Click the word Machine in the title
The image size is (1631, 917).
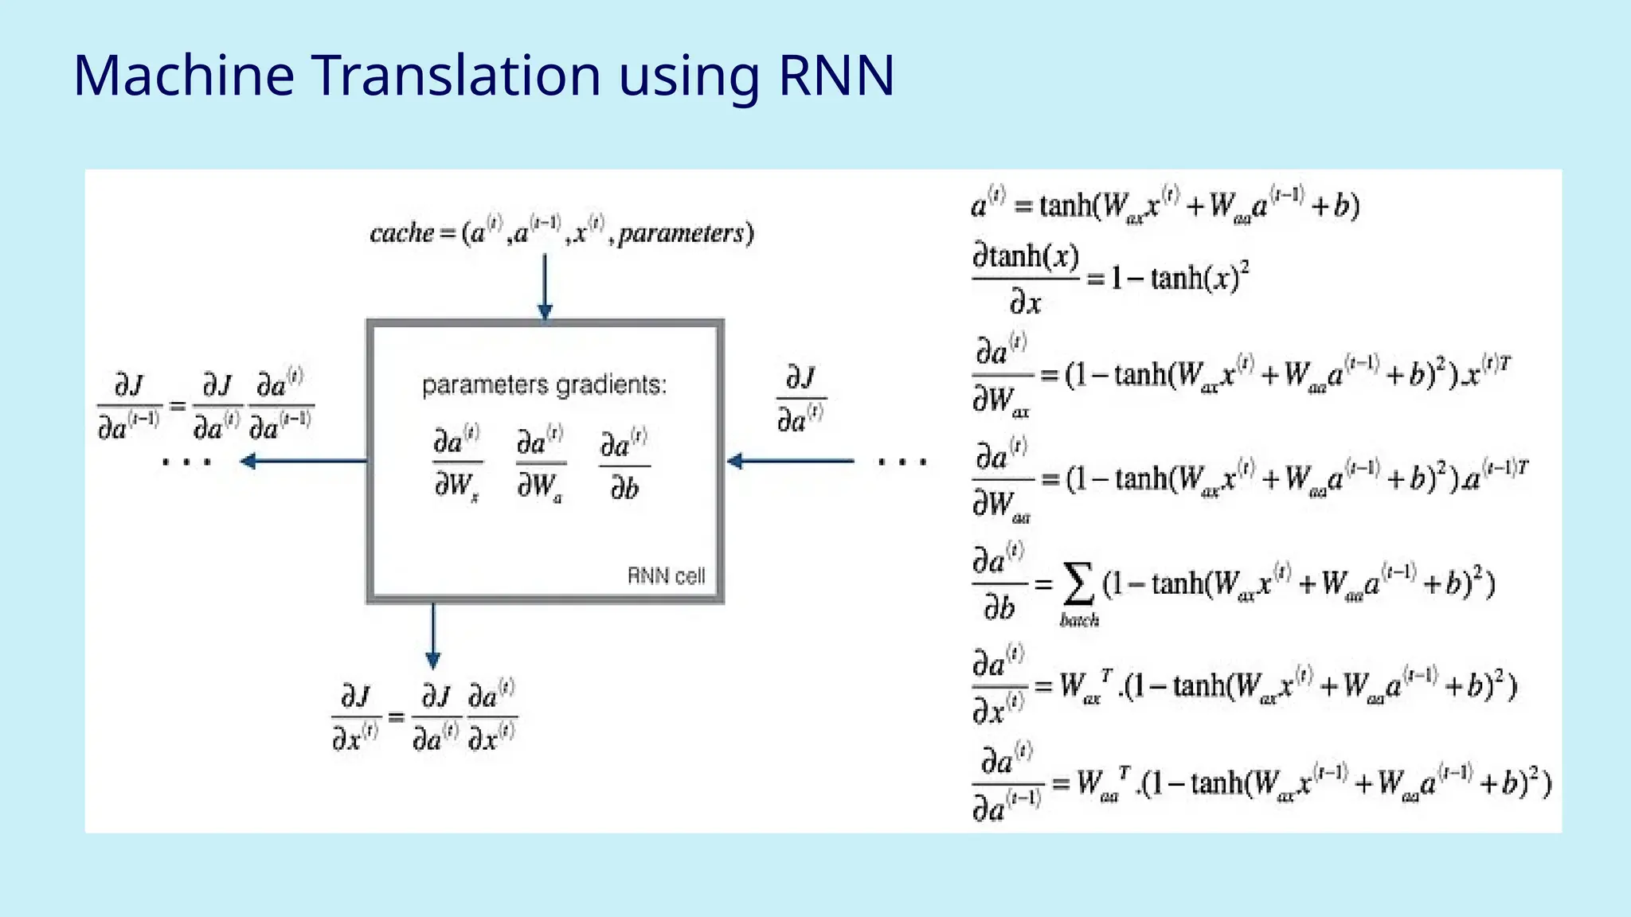184,76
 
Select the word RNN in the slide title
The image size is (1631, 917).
835,76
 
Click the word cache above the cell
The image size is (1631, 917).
401,233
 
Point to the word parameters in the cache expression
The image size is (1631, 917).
681,233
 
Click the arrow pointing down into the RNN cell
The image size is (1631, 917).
545,287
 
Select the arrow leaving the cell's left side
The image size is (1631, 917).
303,461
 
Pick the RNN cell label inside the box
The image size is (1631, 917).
666,576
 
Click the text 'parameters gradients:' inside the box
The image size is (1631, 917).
544,385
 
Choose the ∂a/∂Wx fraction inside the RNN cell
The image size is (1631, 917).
457,465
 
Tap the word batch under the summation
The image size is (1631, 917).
1079,620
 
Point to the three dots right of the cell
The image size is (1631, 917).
902,462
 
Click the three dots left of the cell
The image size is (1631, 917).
186,462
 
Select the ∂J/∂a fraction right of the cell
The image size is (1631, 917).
800,399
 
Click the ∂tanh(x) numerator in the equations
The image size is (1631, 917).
1026,257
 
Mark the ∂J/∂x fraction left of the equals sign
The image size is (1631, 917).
355,718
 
